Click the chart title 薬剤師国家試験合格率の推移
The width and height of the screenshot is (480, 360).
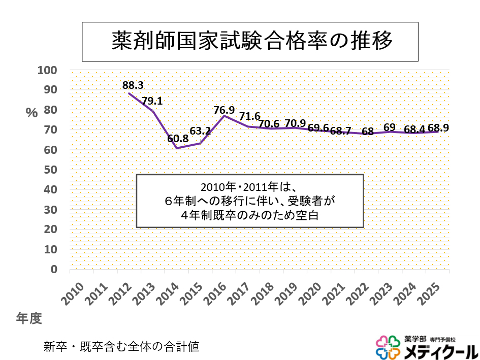(x=250, y=41)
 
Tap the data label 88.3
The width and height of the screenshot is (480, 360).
(x=134, y=84)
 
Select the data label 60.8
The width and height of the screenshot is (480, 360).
(x=179, y=138)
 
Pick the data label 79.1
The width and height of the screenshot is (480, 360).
(x=152, y=101)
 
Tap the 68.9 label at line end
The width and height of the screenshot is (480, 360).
(x=438, y=128)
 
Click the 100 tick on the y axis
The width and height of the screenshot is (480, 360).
(x=48, y=70)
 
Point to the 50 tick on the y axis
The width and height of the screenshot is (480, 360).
(x=50, y=170)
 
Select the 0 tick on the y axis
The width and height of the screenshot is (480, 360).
(x=53, y=269)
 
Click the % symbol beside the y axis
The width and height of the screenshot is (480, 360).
(x=32, y=113)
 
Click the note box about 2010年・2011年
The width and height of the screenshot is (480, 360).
(x=250, y=201)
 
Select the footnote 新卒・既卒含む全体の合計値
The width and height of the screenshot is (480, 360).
(x=121, y=347)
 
